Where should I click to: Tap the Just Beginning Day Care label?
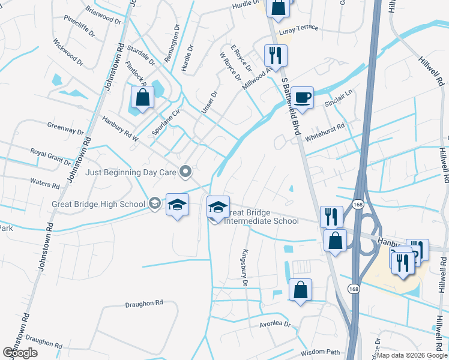click(131, 172)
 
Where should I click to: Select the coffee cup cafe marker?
click(303, 98)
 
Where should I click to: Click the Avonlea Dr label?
click(274, 324)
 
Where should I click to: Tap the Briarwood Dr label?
click(100, 10)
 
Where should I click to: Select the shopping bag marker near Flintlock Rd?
click(143, 98)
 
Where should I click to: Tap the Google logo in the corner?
click(20, 353)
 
